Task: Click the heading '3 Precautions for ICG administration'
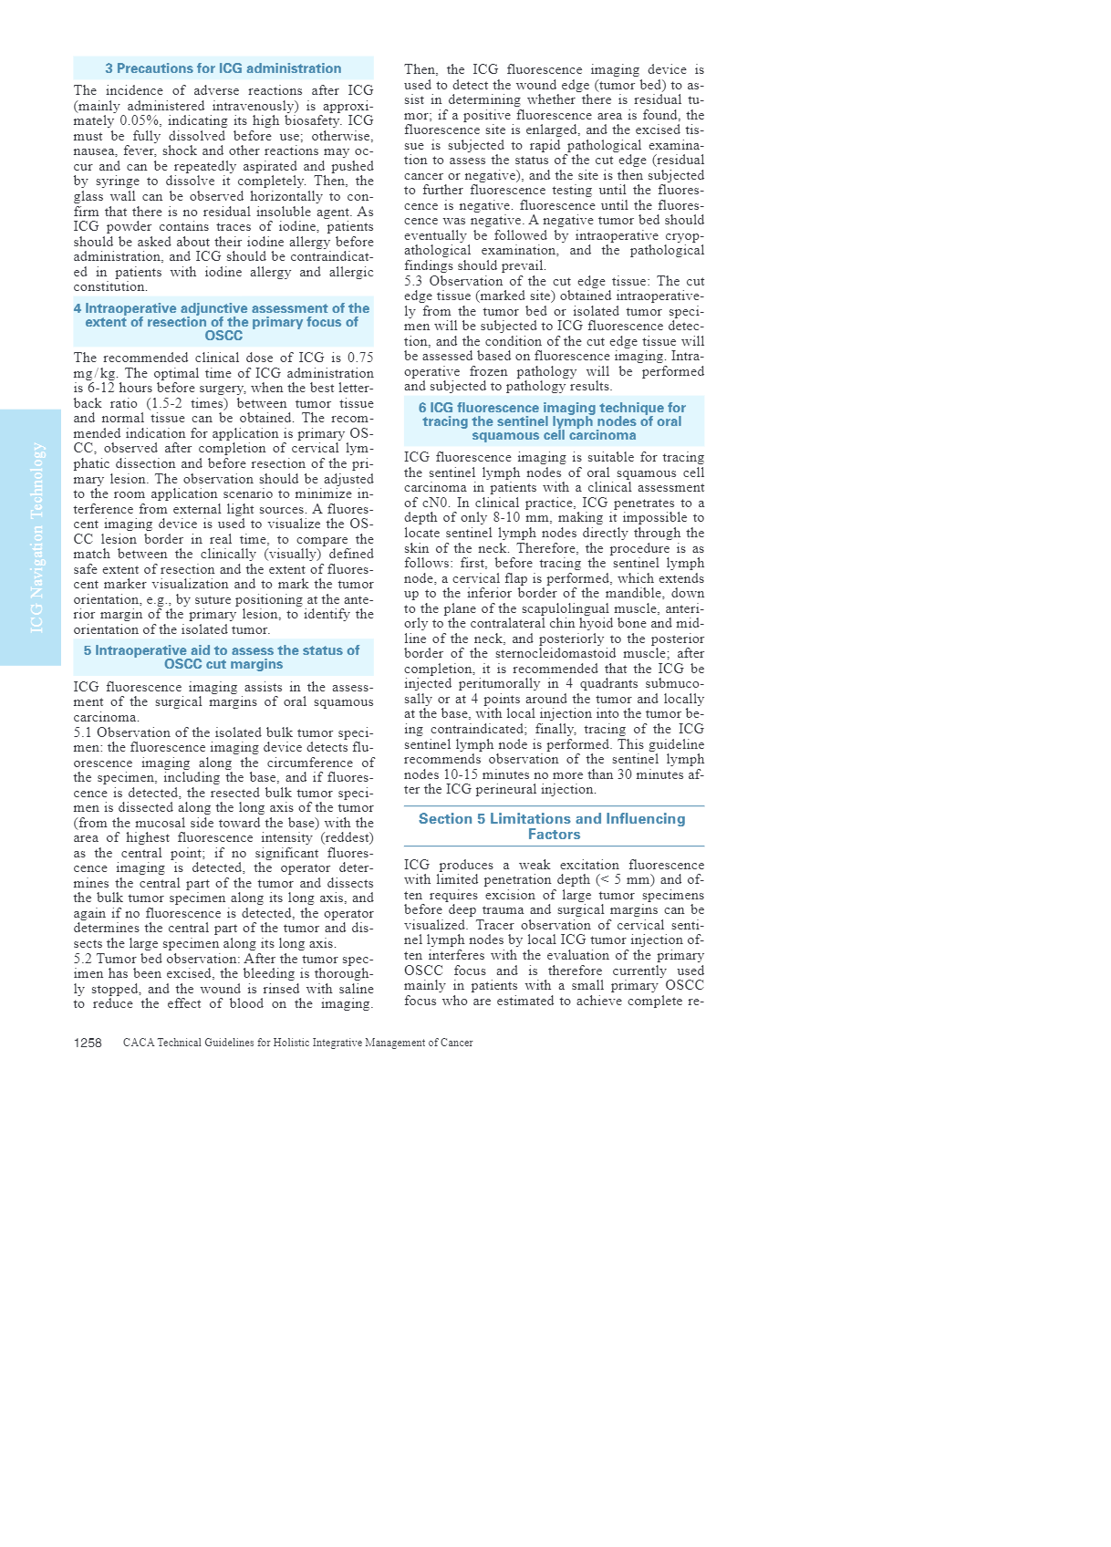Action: pyautogui.click(x=223, y=68)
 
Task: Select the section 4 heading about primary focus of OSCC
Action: pyautogui.click(x=223, y=322)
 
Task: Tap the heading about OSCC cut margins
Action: pyautogui.click(x=223, y=657)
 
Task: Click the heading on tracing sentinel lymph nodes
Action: pyautogui.click(x=552, y=421)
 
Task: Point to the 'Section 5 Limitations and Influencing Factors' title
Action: pyautogui.click(x=552, y=826)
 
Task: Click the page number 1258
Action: pyautogui.click(x=88, y=1043)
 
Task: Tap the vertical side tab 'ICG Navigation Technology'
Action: pyautogui.click(x=37, y=537)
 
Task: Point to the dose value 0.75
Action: pyautogui.click(x=359, y=358)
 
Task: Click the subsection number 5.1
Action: pyautogui.click(x=83, y=732)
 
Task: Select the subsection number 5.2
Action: pyautogui.click(x=83, y=959)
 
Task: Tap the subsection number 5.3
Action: pyautogui.click(x=414, y=281)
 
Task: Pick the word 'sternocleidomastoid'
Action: pyautogui.click(x=534, y=654)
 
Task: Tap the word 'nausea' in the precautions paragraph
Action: pyautogui.click(x=91, y=151)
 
